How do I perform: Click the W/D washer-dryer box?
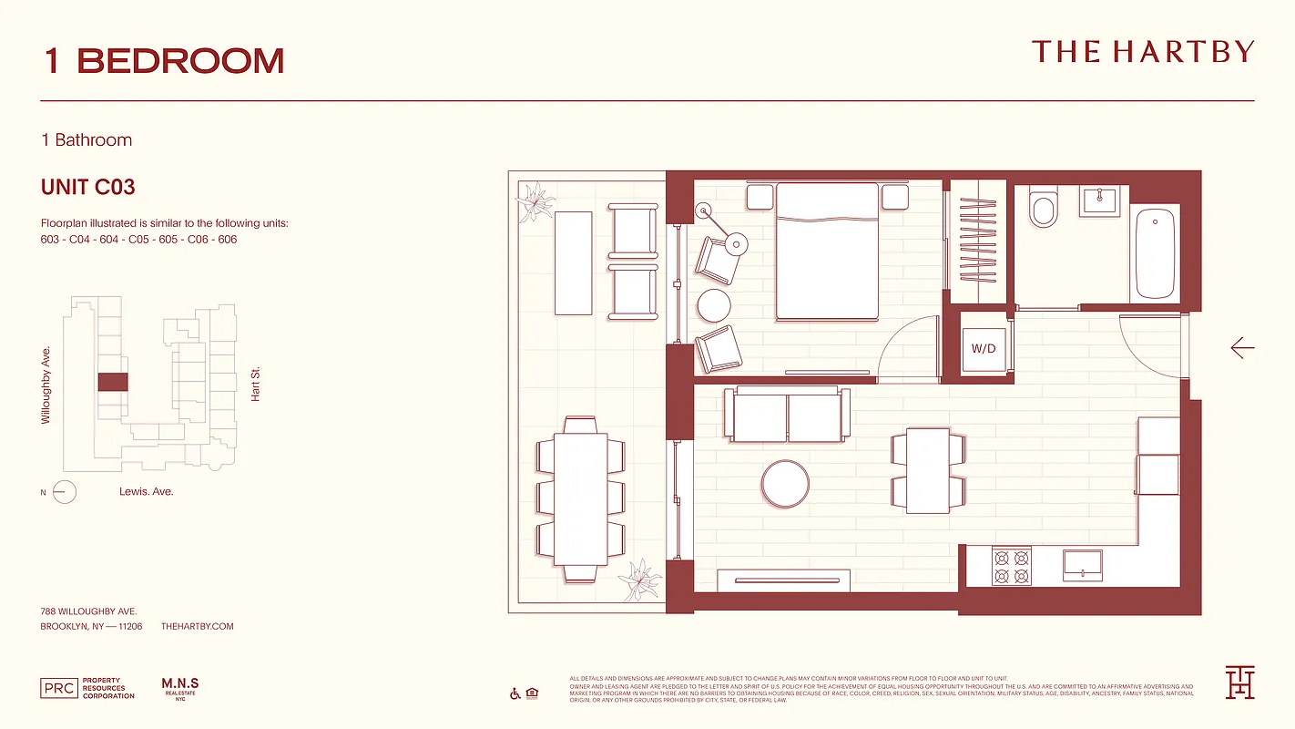[x=984, y=348]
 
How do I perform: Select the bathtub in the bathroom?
[x=1155, y=254]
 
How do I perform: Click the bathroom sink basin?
[x=1100, y=201]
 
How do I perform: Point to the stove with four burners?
[x=1011, y=566]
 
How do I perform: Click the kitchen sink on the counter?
[x=1083, y=565]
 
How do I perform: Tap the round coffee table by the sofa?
[x=785, y=484]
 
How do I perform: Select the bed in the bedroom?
[x=827, y=251]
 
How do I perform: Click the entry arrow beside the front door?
[x=1242, y=348]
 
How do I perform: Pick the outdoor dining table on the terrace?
[x=580, y=499]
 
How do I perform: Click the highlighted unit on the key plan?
[x=112, y=382]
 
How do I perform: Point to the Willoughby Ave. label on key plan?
[x=46, y=385]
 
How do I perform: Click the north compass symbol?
[x=64, y=493]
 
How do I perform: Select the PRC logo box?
[x=59, y=688]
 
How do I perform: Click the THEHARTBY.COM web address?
[x=197, y=627]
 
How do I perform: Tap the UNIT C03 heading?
[x=88, y=188]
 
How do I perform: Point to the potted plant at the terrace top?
[x=535, y=200]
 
